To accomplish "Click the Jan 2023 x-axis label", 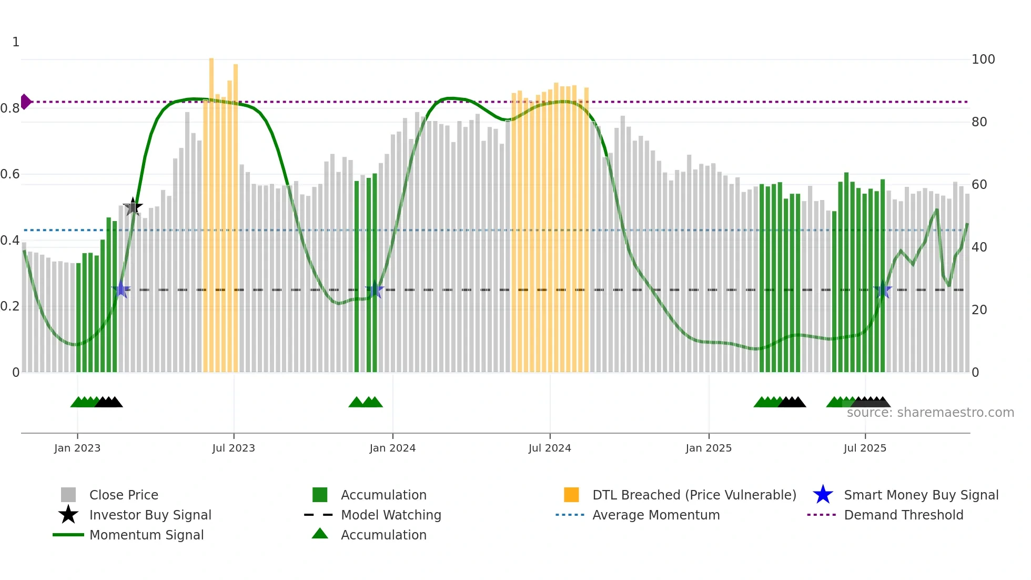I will (77, 448).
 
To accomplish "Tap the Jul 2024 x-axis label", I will (550, 448).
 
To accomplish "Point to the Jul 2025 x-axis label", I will (865, 448).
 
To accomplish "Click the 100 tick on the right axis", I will (983, 59).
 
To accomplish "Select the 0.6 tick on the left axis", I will (10, 174).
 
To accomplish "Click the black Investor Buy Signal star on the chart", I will (133, 207).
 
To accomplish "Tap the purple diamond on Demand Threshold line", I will (25, 102).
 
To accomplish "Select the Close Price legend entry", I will (124, 495).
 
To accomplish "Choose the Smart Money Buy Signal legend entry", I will (921, 495).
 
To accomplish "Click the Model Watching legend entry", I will (390, 515).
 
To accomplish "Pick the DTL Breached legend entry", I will (694, 495).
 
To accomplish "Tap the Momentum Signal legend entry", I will (146, 535).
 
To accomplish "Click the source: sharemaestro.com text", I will (930, 413).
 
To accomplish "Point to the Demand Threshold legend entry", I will (903, 515).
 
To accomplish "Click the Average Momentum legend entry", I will (655, 515).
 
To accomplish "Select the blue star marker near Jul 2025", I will (883, 290).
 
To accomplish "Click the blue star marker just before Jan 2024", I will (375, 290).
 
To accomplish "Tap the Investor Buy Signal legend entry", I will (150, 515).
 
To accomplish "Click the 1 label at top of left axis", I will (16, 42).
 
